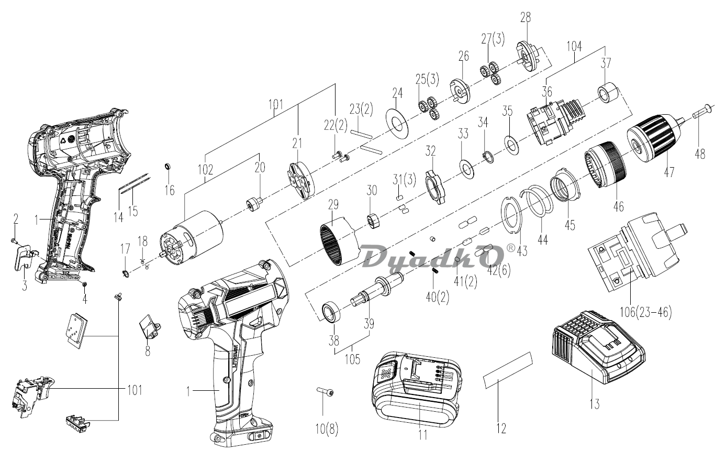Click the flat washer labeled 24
point(397,123)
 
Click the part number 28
point(526,17)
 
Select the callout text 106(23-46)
point(645,312)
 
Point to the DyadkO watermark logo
point(434,256)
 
